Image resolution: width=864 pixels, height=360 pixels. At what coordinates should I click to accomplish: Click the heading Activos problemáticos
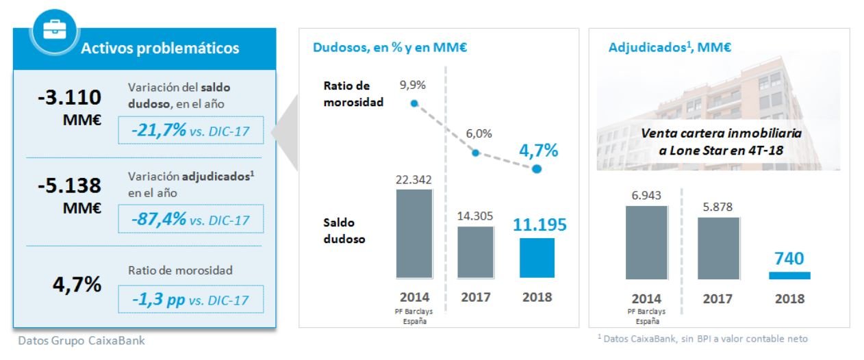pos(160,49)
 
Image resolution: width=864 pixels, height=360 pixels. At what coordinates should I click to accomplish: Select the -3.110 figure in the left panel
pos(70,97)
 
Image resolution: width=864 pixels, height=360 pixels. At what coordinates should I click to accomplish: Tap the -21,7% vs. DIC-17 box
pos(190,129)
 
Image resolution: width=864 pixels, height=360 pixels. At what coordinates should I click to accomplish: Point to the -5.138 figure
pos(70,185)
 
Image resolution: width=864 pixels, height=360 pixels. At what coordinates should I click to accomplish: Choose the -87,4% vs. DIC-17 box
pos(190,220)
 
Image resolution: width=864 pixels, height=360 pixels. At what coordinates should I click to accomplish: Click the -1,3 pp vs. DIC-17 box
pos(190,300)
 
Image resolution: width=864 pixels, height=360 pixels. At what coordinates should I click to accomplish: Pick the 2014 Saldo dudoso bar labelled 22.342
pos(414,233)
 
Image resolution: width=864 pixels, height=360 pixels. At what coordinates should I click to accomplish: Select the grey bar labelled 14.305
pos(475,251)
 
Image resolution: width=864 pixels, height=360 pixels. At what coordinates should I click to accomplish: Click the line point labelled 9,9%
pos(414,103)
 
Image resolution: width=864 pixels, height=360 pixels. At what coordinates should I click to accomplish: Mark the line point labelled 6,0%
pos(475,153)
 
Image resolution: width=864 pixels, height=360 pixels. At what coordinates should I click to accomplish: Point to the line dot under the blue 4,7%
pos(537,169)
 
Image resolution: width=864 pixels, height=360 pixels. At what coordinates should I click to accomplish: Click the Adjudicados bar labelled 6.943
pos(646,242)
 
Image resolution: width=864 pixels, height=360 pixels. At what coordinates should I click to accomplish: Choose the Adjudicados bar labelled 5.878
pos(718,248)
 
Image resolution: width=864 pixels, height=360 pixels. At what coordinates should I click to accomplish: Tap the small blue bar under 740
pos(789,275)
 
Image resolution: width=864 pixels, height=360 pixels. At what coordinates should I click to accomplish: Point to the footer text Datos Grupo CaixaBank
pos(81,340)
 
